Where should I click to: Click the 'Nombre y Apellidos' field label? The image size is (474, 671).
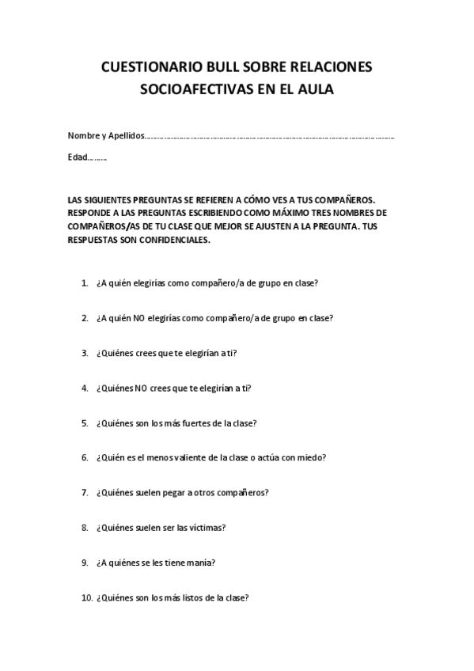(x=106, y=136)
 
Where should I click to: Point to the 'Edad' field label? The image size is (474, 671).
(x=77, y=157)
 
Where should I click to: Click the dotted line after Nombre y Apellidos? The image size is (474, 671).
(x=269, y=137)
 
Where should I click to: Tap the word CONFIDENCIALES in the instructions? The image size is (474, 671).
(x=172, y=241)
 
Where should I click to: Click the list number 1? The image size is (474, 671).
(x=85, y=282)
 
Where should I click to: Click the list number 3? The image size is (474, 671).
(x=85, y=353)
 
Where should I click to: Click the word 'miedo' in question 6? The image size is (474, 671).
(x=310, y=457)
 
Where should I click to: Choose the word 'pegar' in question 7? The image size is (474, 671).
(x=175, y=492)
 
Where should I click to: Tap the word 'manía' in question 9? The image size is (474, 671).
(x=201, y=563)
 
